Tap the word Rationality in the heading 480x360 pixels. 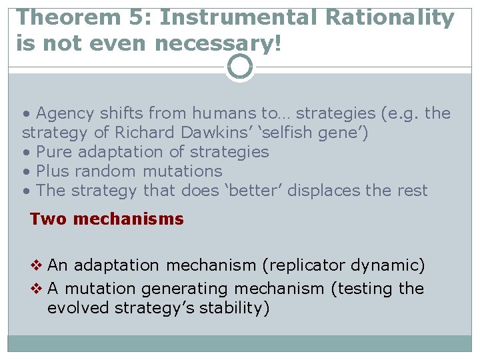click(x=389, y=18)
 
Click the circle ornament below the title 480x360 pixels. click(x=239, y=67)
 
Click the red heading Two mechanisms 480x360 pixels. click(x=107, y=219)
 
